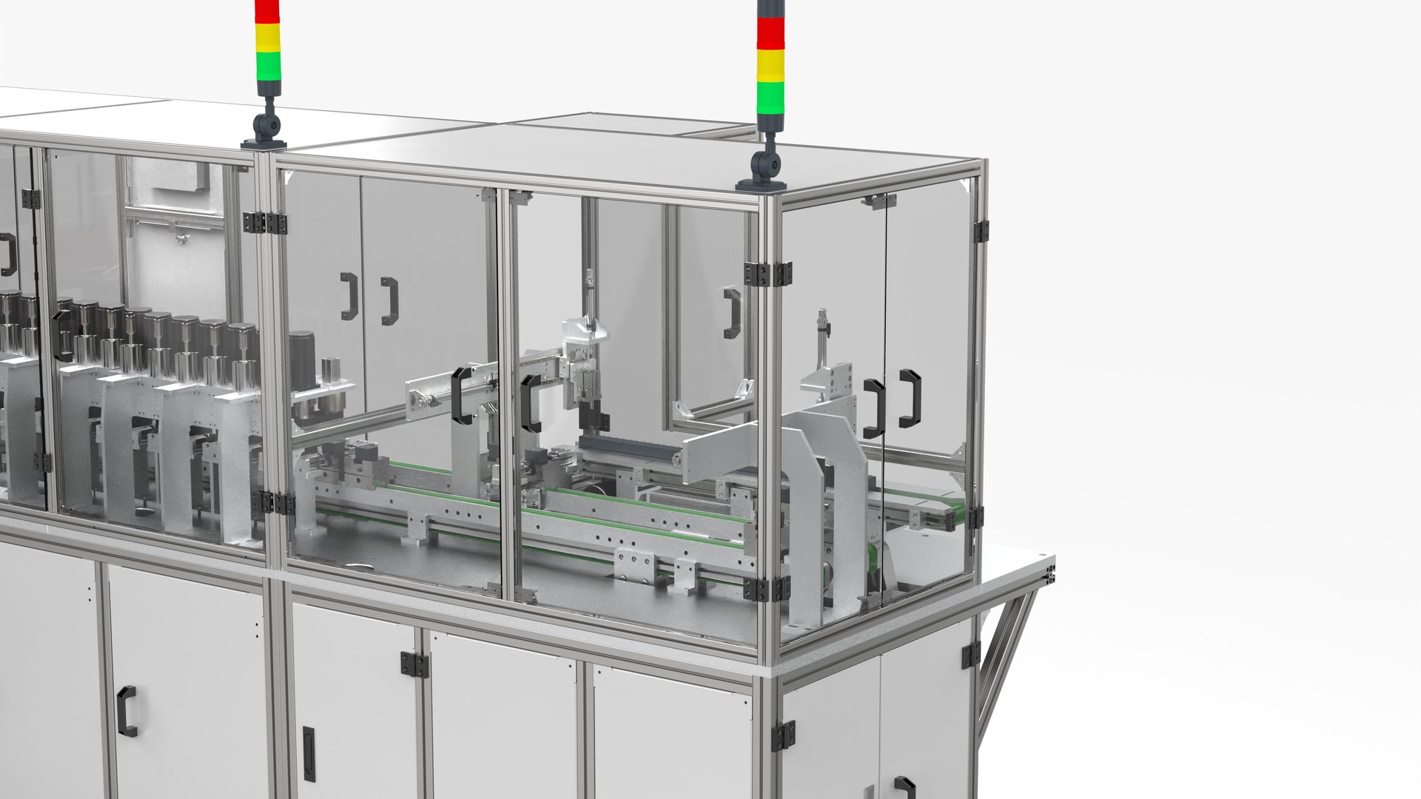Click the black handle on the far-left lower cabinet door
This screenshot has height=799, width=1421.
127,711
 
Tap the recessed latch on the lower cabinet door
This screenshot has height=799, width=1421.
308,743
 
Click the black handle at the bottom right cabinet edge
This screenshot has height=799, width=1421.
904,787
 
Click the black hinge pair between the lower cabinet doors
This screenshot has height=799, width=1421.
414,663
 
